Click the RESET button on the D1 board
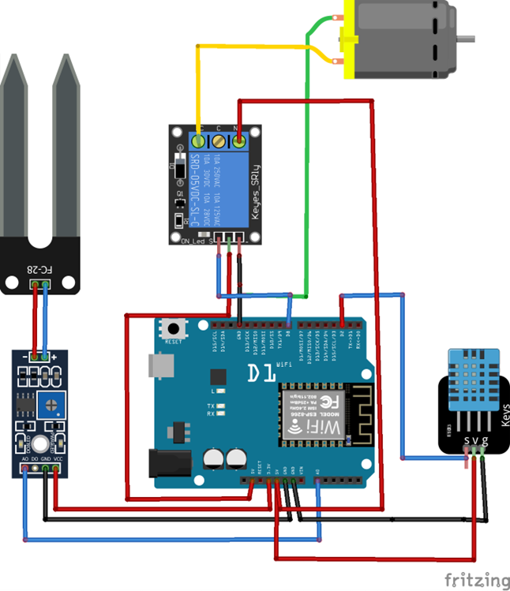(171, 327)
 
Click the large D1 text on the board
(261, 371)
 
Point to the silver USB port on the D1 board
(159, 365)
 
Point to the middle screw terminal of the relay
(218, 142)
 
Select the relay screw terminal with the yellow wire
(197, 142)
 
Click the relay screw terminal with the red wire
(238, 142)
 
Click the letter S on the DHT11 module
(467, 440)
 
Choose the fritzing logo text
(476, 580)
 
